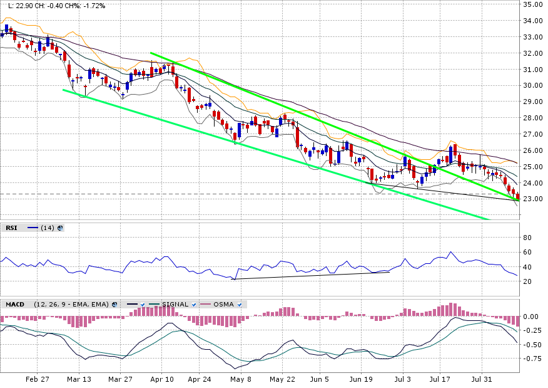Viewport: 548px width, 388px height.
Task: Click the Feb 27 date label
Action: pos(38,380)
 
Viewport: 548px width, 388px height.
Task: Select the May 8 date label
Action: pos(241,380)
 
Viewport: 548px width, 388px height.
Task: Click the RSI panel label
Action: pos(11,228)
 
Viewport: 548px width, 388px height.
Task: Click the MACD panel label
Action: pos(15,305)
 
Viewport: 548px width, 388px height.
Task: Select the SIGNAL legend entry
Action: pos(175,305)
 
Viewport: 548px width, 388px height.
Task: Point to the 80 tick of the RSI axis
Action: pos(527,238)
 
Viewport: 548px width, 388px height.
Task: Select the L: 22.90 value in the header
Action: pos(17,6)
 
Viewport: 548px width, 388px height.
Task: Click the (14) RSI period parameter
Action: pos(47,228)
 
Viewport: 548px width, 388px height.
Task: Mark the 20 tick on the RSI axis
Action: pos(527,281)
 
